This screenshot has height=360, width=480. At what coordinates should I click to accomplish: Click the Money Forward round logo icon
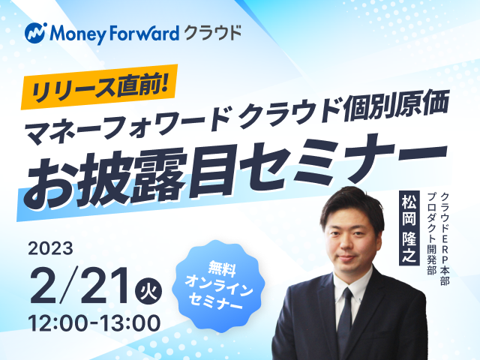(x=36, y=33)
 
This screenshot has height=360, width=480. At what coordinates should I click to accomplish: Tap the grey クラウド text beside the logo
(x=212, y=33)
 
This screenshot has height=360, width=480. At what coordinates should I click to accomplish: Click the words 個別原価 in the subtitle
(x=395, y=107)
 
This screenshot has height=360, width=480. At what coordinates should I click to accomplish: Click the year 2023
(x=50, y=248)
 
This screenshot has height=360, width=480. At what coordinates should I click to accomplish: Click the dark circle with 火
(x=148, y=290)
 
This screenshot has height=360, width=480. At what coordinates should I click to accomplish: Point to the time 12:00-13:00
(x=94, y=323)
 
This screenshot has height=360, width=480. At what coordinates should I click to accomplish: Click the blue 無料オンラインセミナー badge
(x=217, y=286)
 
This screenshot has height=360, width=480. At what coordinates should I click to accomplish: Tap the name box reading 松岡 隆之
(x=409, y=228)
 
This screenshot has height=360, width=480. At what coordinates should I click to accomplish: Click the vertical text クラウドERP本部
(x=445, y=238)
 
